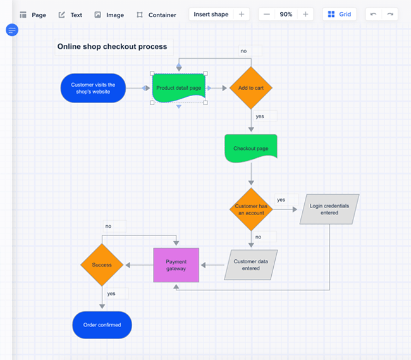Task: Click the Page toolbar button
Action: pyautogui.click(x=33, y=15)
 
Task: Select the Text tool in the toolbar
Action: pyautogui.click(x=70, y=15)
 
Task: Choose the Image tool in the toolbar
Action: pyautogui.click(x=109, y=15)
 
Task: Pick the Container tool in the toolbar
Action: pyautogui.click(x=156, y=15)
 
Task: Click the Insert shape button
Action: pyautogui.click(x=211, y=14)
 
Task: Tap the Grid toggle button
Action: pyautogui.click(x=340, y=14)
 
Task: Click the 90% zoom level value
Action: pyautogui.click(x=286, y=14)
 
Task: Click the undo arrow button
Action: pyautogui.click(x=374, y=14)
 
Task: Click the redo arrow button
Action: pyautogui.click(x=390, y=14)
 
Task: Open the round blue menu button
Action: pyautogui.click(x=11, y=30)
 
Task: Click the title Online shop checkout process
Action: pyautogui.click(x=112, y=46)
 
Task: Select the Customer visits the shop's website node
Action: pyautogui.click(x=93, y=88)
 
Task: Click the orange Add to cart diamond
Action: pyautogui.click(x=251, y=88)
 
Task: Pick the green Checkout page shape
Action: pyautogui.click(x=251, y=149)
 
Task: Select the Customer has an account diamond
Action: pyautogui.click(x=251, y=209)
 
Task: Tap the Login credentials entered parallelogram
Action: pyautogui.click(x=329, y=209)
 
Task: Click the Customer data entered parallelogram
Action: pyautogui.click(x=251, y=264)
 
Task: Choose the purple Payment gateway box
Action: pyautogui.click(x=176, y=264)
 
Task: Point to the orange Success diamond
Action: pyautogui.click(x=102, y=264)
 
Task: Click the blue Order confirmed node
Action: pyautogui.click(x=102, y=325)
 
